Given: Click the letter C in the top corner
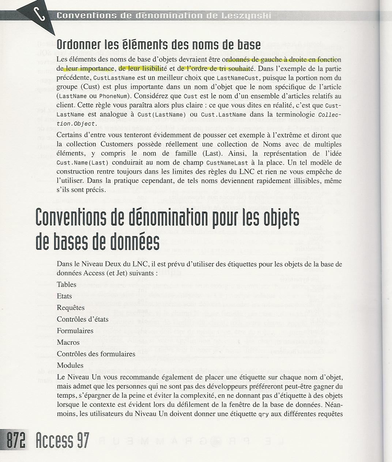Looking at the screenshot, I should [39, 16].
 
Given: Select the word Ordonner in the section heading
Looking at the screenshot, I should [77, 45].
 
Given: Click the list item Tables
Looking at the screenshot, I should [67, 284].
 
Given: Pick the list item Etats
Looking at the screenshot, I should [64, 296].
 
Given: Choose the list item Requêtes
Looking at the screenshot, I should [71, 308].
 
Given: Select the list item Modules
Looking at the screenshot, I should [70, 366].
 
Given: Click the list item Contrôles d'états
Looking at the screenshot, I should [83, 319].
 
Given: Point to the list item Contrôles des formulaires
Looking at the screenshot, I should [96, 354].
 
